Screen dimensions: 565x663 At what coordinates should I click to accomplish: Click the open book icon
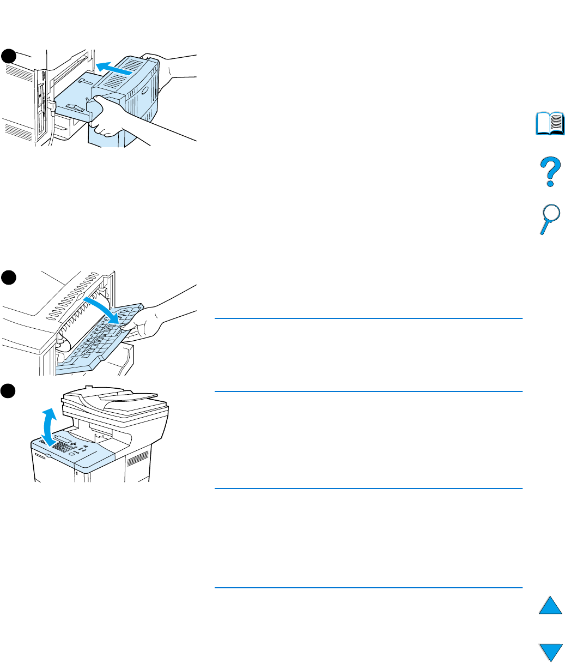pos(550,124)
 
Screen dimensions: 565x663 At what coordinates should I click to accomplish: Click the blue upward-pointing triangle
pos(550,606)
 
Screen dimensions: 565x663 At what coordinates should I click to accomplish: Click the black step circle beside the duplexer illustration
pos(9,56)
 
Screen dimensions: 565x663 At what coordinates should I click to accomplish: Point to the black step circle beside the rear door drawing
pos(9,277)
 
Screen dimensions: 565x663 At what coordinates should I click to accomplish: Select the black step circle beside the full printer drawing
pos(9,391)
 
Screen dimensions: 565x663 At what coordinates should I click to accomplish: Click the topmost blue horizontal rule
pos(368,318)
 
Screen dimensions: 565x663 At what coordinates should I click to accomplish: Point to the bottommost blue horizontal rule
pos(368,588)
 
